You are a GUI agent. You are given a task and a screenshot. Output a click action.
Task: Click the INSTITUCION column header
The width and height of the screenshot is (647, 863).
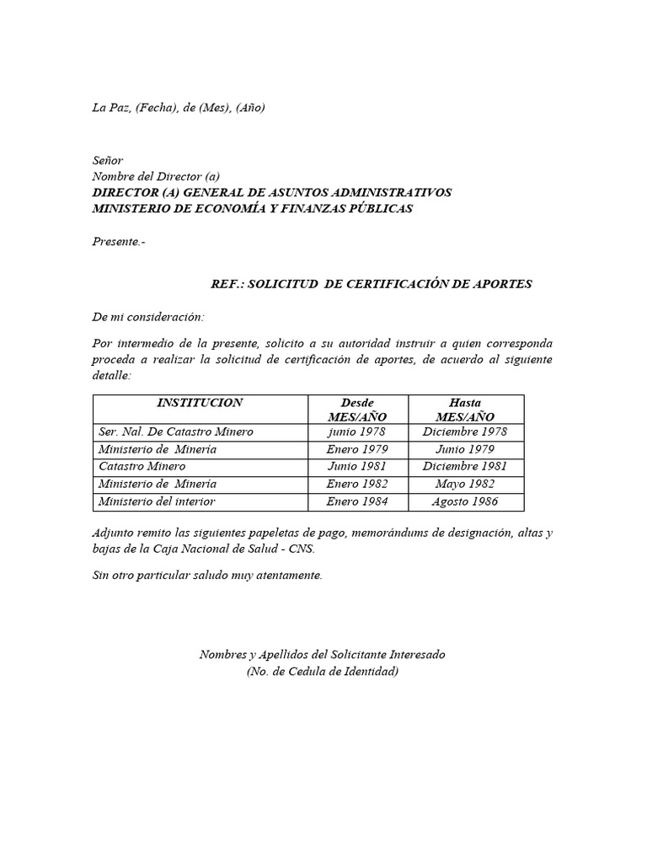[201, 403]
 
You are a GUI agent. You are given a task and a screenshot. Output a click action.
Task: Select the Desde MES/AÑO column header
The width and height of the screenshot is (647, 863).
[356, 410]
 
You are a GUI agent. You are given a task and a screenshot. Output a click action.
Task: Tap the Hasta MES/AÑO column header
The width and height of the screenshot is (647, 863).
[465, 410]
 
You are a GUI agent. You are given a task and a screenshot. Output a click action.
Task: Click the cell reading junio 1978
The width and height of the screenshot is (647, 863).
[356, 431]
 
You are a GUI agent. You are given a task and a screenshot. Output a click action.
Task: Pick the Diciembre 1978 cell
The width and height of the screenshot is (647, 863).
[465, 431]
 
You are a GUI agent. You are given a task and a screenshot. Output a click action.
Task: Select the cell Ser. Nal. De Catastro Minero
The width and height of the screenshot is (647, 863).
[175, 431]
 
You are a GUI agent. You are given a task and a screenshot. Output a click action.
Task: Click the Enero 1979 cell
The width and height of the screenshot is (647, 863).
[356, 449]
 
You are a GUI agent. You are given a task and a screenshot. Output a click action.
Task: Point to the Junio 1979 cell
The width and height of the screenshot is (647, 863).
[465, 449]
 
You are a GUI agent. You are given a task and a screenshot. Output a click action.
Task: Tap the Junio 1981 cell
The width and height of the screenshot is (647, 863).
[356, 466]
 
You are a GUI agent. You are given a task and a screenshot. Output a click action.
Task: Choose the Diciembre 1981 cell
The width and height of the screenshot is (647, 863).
[465, 466]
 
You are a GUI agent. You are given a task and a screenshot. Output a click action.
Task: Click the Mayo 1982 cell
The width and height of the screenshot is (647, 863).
[465, 484]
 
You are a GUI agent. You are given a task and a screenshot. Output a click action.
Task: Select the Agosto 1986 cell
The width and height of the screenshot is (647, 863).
[465, 501]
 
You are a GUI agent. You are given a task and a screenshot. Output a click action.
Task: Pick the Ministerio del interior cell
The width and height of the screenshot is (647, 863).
[157, 501]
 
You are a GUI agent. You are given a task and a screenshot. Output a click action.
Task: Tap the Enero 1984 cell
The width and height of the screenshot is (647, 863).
[356, 501]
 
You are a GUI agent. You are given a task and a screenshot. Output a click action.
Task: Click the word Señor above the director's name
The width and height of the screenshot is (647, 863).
[107, 160]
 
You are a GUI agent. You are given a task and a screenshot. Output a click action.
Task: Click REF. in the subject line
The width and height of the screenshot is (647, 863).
[226, 284]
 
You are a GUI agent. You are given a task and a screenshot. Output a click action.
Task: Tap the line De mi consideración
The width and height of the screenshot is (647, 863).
[147, 317]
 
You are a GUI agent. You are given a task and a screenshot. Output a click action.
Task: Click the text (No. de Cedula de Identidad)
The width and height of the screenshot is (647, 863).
[323, 672]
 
